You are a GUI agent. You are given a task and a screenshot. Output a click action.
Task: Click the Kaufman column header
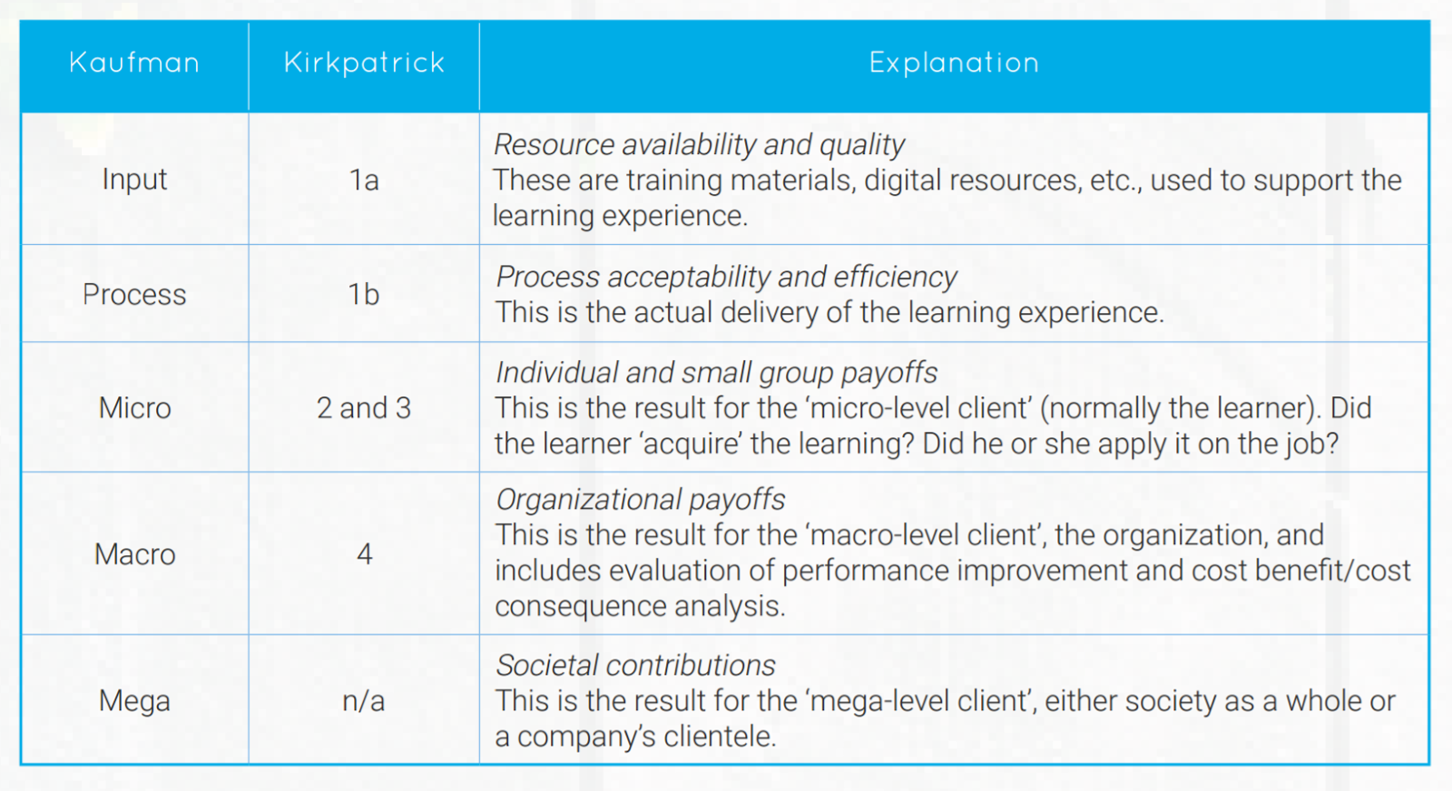pyautogui.click(x=134, y=63)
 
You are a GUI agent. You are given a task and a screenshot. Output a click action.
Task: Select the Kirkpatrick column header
pyautogui.click(x=364, y=63)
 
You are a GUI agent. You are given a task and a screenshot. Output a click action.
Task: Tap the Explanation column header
pyautogui.click(x=954, y=63)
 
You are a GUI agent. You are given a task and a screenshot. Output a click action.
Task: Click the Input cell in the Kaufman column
pyautogui.click(x=134, y=180)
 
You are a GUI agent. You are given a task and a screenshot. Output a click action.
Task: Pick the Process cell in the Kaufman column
pyautogui.click(x=134, y=295)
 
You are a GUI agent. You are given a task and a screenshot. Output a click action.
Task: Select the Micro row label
pyautogui.click(x=134, y=408)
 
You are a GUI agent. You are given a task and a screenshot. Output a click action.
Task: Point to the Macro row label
pyautogui.click(x=134, y=554)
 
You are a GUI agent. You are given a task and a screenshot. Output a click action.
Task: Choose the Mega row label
pyautogui.click(x=134, y=701)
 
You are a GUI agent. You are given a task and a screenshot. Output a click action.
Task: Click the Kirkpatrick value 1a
pyautogui.click(x=364, y=181)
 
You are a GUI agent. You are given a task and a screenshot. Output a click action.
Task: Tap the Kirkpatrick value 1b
pyautogui.click(x=364, y=295)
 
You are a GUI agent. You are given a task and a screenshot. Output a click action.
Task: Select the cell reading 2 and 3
pyautogui.click(x=364, y=408)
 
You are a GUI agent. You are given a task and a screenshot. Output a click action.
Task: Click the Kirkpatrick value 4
pyautogui.click(x=365, y=554)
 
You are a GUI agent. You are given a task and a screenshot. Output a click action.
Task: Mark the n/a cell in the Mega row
pyautogui.click(x=364, y=701)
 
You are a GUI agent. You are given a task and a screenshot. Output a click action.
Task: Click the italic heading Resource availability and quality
pyautogui.click(x=699, y=145)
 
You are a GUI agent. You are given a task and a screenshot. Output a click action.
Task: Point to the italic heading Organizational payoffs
pyautogui.click(x=640, y=500)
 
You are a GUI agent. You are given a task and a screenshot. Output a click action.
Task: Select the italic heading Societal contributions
pyautogui.click(x=635, y=666)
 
